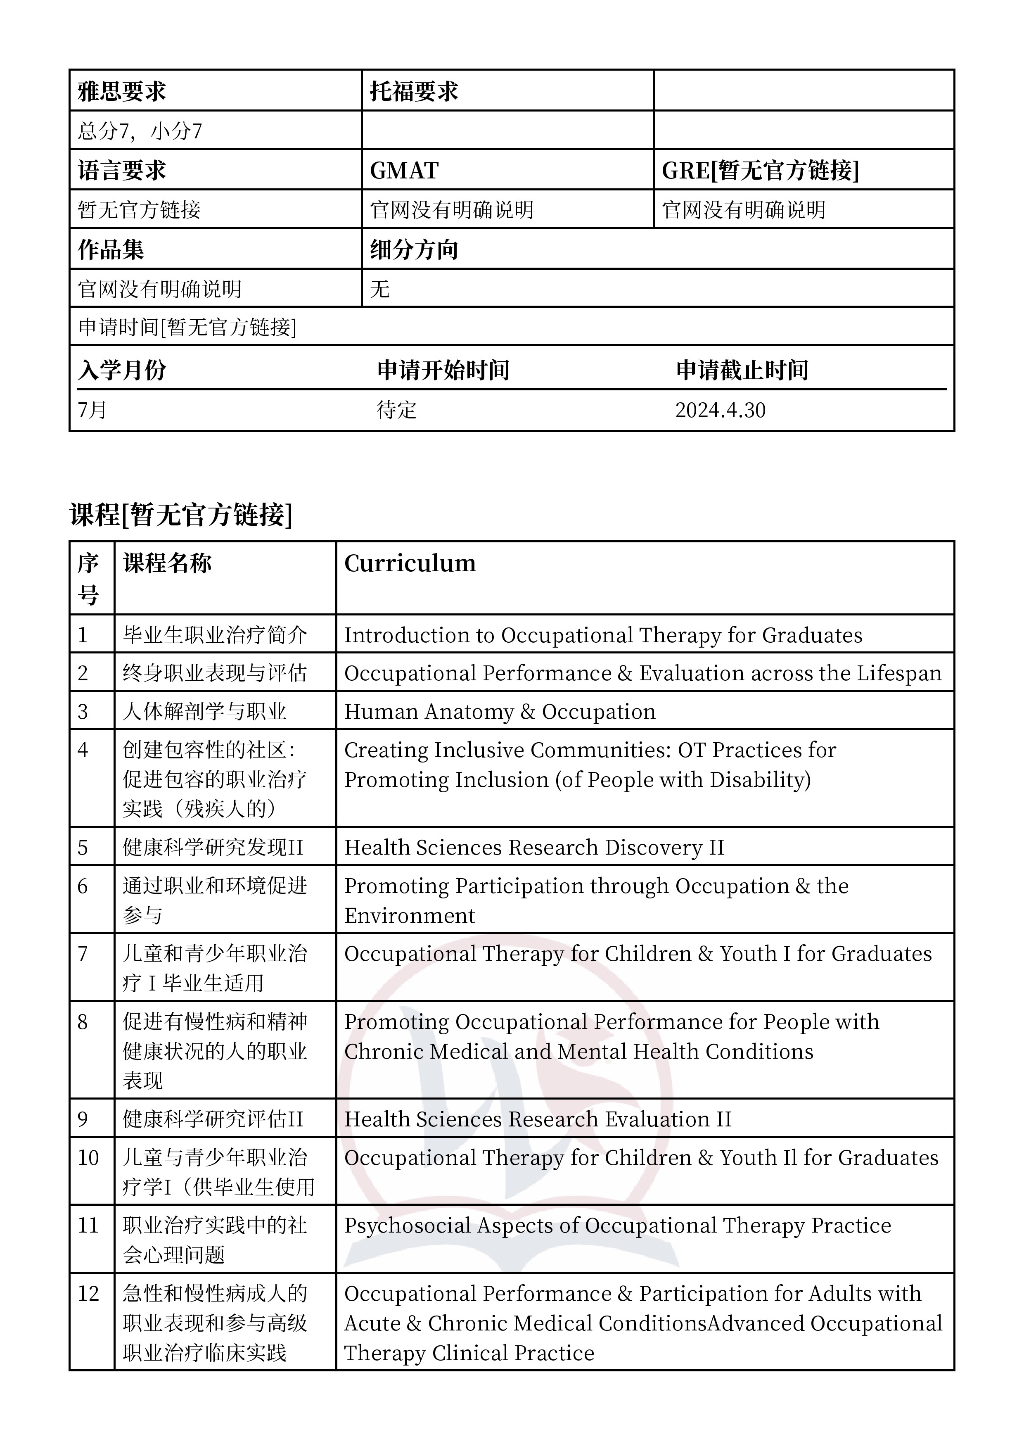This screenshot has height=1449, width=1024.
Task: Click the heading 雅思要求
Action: (122, 92)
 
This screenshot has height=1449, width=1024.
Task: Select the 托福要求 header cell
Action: (414, 92)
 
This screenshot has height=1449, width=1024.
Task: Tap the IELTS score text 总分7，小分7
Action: (140, 131)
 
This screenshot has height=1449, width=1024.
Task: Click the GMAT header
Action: (404, 171)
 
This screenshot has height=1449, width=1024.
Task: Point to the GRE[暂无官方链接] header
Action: (760, 171)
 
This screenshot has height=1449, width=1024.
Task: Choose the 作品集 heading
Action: (111, 249)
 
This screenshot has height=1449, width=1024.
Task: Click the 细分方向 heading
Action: (414, 249)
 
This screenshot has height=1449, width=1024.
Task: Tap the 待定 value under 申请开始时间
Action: (397, 410)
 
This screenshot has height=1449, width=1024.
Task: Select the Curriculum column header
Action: (410, 563)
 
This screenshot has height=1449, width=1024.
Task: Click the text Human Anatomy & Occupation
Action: (500, 712)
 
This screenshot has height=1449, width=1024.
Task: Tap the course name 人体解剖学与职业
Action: (204, 712)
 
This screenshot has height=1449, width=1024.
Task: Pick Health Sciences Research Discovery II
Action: (534, 848)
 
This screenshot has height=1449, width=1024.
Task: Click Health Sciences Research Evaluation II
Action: (538, 1119)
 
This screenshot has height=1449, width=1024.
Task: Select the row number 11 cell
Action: (88, 1226)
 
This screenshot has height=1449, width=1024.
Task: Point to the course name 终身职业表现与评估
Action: (215, 673)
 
